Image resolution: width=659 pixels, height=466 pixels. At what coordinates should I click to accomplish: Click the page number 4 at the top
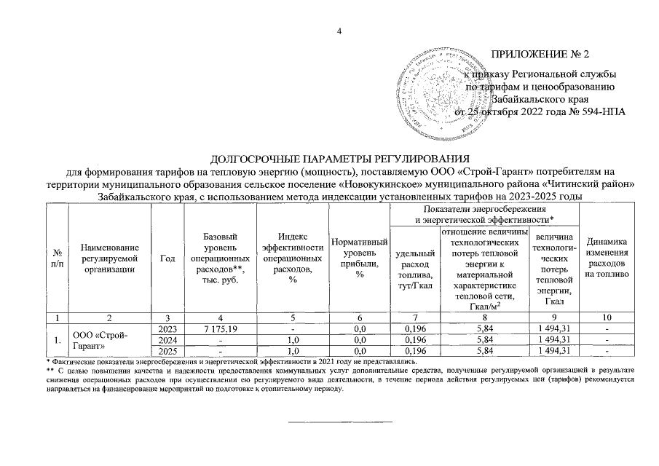[339, 30]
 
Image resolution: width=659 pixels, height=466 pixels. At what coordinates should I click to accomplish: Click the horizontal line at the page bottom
[340, 422]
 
